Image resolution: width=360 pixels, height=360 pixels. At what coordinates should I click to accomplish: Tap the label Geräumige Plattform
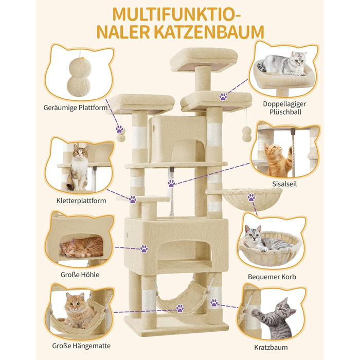click(76, 108)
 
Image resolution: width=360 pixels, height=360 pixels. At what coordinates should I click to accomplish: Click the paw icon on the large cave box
click(144, 248)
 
